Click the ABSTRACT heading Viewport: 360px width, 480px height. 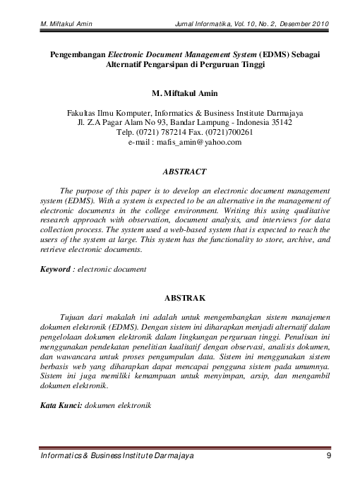point(184,172)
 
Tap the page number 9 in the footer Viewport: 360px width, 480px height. point(330,459)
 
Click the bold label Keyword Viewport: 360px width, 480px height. point(56,269)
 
